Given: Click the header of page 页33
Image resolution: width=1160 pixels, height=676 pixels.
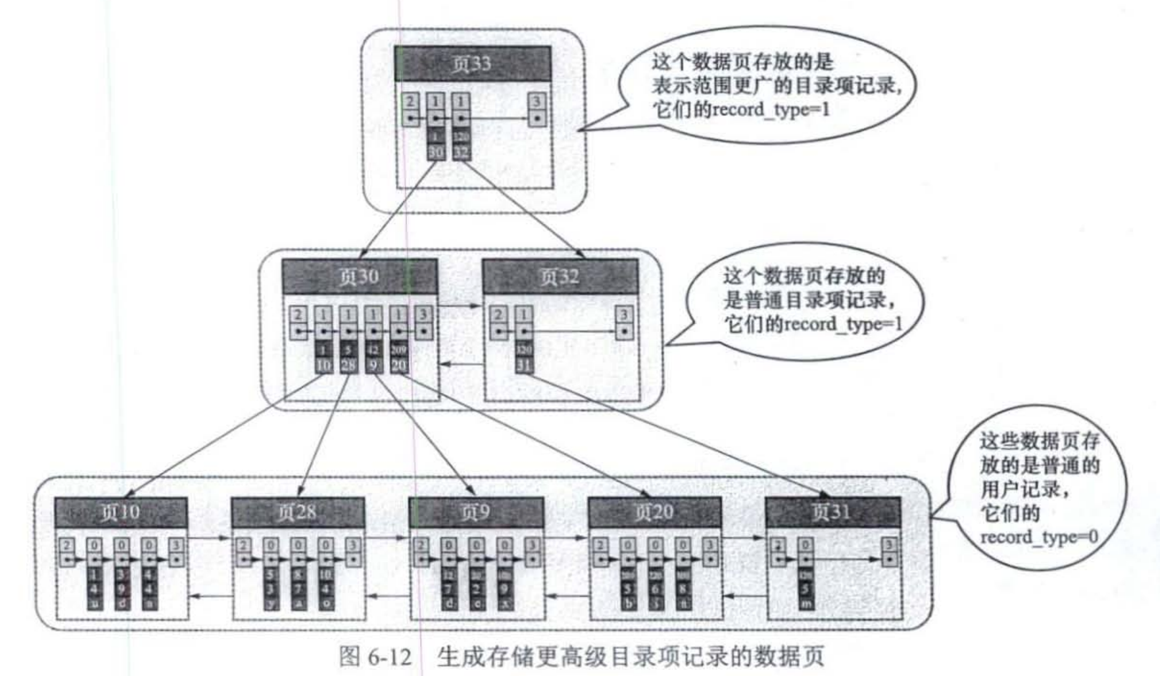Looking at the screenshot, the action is point(472,64).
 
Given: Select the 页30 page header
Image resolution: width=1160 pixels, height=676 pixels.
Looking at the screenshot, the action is point(360,276).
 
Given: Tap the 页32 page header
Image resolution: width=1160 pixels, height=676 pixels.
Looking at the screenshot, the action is point(560,276).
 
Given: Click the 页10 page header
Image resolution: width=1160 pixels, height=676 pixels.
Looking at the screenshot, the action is point(121,512).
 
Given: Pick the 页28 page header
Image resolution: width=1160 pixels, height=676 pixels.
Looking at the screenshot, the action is point(297,512).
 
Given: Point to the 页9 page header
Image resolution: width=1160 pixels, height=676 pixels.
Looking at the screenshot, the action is point(475,512).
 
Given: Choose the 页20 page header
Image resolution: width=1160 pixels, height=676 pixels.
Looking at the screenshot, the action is point(655,512).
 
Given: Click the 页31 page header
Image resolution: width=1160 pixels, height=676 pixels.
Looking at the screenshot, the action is point(832,512).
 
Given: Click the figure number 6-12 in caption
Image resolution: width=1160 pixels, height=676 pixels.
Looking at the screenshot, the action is point(389,657).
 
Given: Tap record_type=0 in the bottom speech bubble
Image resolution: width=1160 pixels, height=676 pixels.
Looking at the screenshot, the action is point(1039,537).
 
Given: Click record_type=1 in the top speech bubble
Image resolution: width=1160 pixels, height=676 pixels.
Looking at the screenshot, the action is point(771,110).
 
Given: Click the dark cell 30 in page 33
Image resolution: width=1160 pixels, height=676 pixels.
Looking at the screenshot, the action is point(435,152).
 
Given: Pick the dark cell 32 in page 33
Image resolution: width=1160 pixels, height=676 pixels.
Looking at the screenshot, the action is point(461,152).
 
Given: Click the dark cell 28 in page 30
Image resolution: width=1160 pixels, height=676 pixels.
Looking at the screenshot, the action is point(348,365).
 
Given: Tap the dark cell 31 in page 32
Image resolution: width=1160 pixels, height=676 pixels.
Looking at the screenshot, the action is point(523,365).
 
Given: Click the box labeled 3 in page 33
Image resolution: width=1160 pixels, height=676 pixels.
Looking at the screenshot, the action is point(537,102).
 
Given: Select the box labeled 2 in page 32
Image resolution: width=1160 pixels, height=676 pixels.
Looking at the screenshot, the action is point(498,315).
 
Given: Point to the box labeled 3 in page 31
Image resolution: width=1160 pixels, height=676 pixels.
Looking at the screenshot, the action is point(888,545).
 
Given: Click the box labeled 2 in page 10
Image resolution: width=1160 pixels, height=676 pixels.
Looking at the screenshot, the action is point(67,545).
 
